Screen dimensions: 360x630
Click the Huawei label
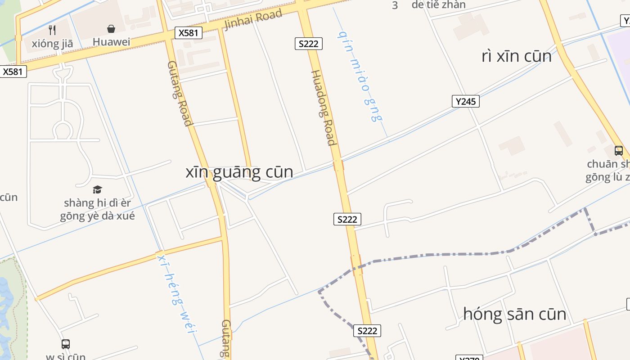111,42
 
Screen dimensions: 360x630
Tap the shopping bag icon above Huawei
111,29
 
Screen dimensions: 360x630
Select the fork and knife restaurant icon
53,30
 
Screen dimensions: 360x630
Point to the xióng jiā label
52,44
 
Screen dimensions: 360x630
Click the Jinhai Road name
253,19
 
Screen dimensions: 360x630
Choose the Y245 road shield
465,101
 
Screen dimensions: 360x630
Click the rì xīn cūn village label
516,56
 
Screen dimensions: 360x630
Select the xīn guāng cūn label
239,172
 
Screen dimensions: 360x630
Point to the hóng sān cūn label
514,314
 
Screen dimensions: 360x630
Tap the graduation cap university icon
97,189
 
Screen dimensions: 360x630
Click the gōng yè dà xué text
97,216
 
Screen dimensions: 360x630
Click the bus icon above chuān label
619,151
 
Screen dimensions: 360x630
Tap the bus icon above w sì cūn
66,344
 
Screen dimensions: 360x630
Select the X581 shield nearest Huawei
189,32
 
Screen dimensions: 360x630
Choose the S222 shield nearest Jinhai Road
308,44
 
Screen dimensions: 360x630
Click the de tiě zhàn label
438,5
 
